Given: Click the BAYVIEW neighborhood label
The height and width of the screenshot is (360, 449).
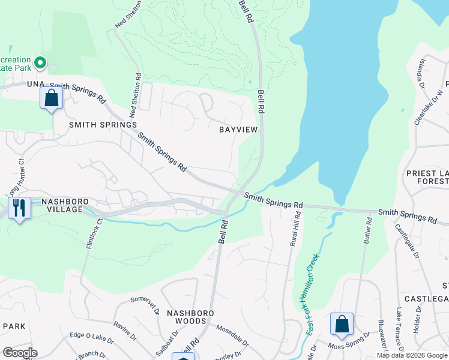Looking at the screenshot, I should (x=238, y=130).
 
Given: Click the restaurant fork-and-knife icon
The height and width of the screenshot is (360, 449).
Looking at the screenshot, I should (x=19, y=208).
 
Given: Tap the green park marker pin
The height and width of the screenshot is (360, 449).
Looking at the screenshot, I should (x=40, y=62).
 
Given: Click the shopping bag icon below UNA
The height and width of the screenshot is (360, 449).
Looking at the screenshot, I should (x=52, y=98).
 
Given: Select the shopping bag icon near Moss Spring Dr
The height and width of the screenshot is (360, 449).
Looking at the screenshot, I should (x=342, y=324).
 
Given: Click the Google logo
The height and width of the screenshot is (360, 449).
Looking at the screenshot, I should (x=20, y=353).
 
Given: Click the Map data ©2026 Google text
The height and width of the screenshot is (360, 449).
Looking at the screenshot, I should (x=412, y=355).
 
